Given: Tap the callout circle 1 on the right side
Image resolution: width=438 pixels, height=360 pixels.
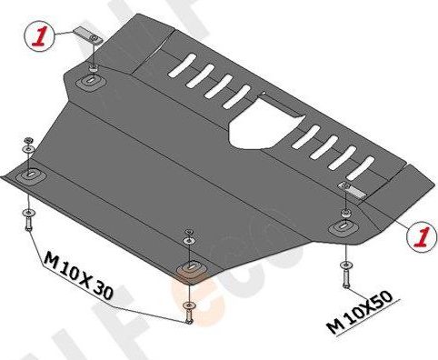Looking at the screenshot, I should point(420,237).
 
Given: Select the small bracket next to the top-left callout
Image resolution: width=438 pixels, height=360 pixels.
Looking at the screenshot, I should point(88,37).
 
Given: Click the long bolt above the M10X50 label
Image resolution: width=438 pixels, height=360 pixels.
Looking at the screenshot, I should point(344,272).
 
